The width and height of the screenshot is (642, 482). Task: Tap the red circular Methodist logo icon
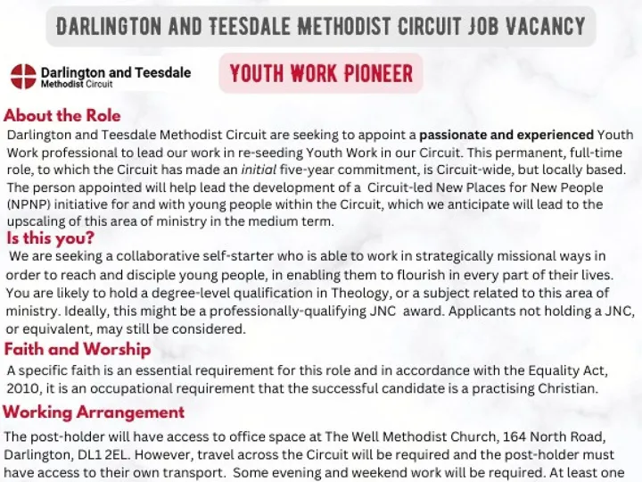click(x=23, y=77)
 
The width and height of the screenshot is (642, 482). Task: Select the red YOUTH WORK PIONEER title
click(x=321, y=73)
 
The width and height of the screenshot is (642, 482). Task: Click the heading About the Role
click(x=62, y=116)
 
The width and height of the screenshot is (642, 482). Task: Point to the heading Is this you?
click(x=50, y=239)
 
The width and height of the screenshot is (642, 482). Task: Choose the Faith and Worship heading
click(x=78, y=350)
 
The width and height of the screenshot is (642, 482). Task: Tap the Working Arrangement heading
click(x=94, y=412)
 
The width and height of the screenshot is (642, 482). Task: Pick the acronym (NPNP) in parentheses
click(x=31, y=204)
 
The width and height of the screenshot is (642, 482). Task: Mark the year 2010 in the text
click(x=23, y=388)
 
